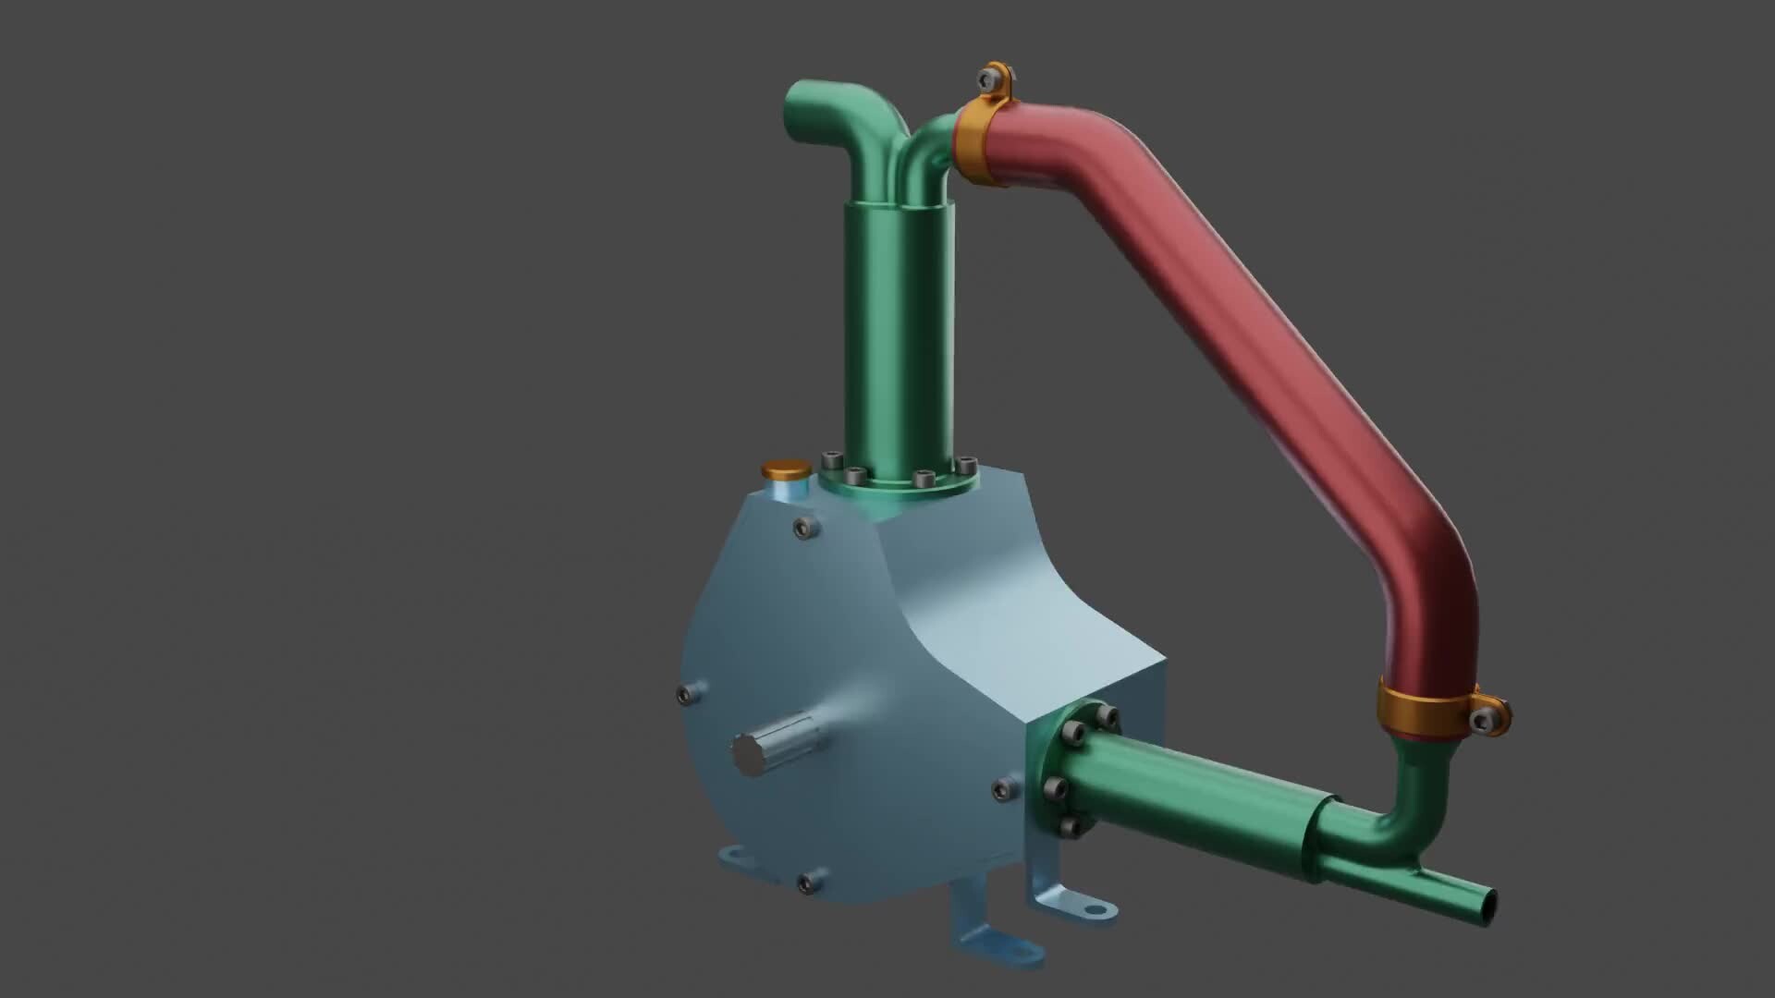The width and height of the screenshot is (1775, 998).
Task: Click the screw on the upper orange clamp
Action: coord(992,79)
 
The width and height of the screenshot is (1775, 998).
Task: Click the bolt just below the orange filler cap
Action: coord(806,529)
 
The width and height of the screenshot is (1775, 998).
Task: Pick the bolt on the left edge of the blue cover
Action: coord(686,695)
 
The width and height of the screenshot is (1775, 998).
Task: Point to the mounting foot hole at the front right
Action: coord(1096,909)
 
